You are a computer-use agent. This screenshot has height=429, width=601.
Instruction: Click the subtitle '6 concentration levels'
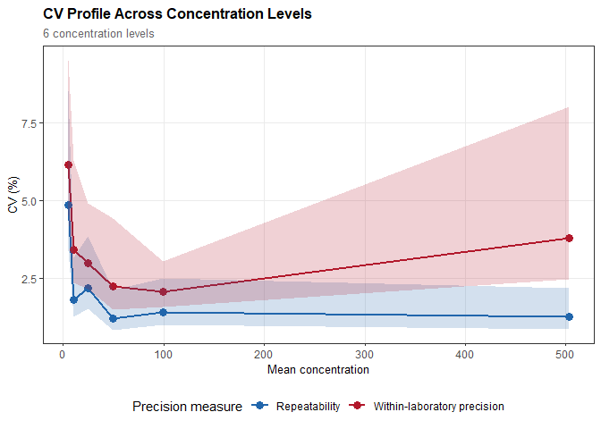click(98, 34)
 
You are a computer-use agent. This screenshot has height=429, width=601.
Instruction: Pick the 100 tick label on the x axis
click(163, 354)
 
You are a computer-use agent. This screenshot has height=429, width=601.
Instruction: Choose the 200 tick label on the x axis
click(264, 354)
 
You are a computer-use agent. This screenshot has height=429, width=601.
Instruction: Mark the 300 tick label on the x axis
click(365, 354)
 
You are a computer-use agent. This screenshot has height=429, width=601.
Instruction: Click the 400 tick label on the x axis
click(465, 354)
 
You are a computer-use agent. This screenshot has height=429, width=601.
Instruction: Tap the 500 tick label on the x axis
click(566, 354)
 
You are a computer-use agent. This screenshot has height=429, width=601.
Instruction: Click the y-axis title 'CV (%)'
click(13, 194)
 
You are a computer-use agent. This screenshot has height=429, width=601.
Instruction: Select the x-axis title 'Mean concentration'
click(317, 369)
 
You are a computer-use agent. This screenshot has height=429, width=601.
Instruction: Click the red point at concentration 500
click(569, 238)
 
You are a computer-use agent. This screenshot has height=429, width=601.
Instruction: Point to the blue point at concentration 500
click(569, 316)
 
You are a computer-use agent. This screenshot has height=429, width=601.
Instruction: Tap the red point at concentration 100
click(163, 291)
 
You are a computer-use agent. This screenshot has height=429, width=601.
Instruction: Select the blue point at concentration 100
click(163, 312)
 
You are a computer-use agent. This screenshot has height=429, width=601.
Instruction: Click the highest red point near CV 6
click(68, 164)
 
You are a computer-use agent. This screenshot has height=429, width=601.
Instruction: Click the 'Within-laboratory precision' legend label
click(440, 407)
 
